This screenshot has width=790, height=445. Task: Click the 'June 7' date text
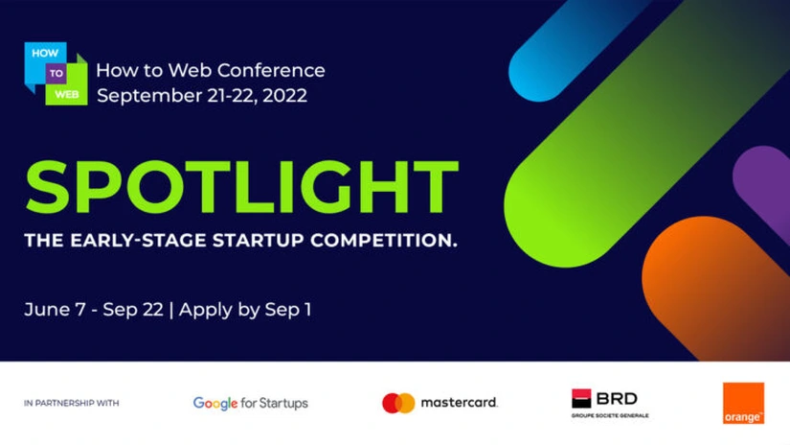tap(58, 310)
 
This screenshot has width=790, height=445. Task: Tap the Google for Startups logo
tap(250, 403)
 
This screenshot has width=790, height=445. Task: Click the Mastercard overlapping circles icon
tap(398, 403)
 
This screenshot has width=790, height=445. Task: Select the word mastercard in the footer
tap(460, 403)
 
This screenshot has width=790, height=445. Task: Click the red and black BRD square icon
tap(582, 398)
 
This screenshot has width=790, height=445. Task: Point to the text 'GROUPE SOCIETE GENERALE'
tap(610, 415)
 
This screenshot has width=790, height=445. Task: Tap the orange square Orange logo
tap(743, 403)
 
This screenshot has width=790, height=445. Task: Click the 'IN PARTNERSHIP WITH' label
tap(72, 404)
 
